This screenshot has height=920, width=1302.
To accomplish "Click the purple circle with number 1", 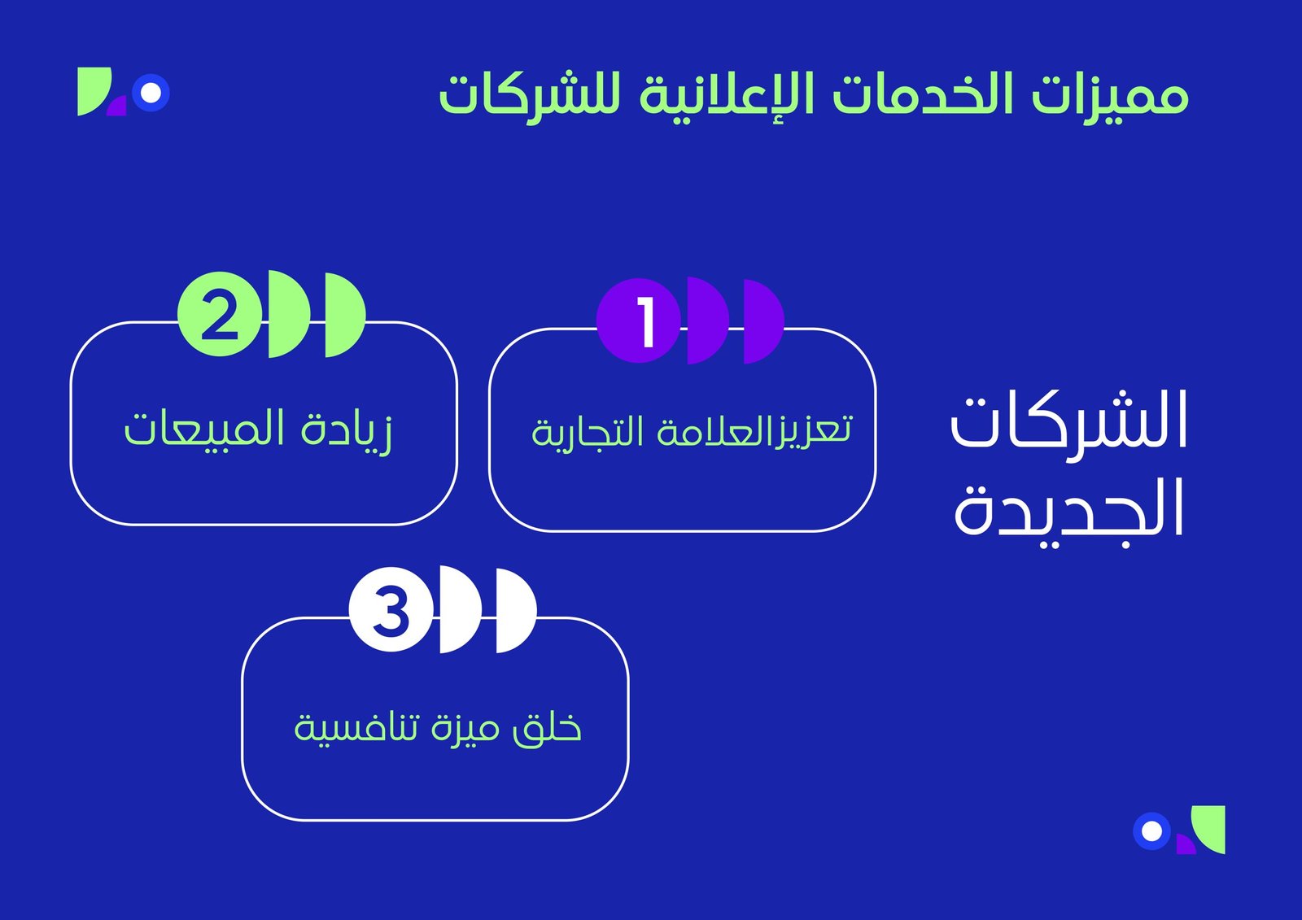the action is (x=638, y=320).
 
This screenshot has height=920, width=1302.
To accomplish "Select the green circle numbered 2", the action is (x=220, y=314).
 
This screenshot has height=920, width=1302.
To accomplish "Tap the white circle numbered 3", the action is (x=391, y=609).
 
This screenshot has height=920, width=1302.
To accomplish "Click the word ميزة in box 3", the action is (x=465, y=730).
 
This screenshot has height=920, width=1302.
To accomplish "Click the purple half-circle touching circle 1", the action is (x=708, y=320).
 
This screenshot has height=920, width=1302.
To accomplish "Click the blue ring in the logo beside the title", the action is (x=151, y=93).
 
